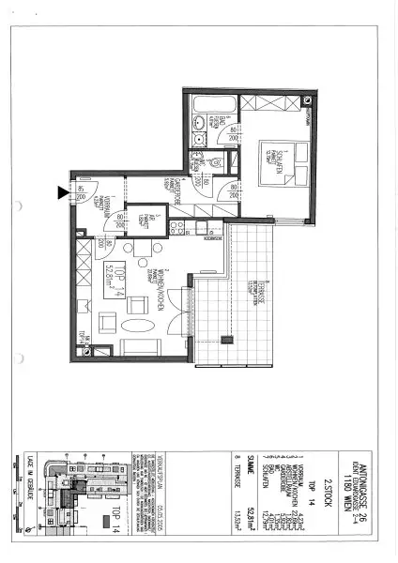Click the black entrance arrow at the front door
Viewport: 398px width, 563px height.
[64, 193]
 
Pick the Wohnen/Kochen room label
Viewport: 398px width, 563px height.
[161, 291]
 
